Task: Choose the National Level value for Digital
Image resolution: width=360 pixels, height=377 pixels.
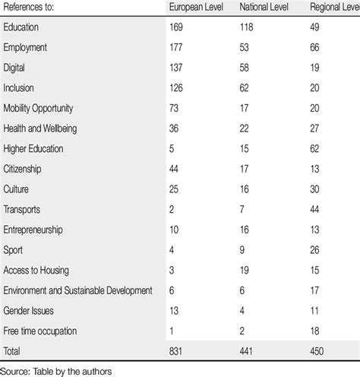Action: coord(245,68)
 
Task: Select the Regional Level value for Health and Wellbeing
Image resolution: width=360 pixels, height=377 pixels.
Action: coord(317,127)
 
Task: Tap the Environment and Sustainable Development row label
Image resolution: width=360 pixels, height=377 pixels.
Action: coord(77,290)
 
